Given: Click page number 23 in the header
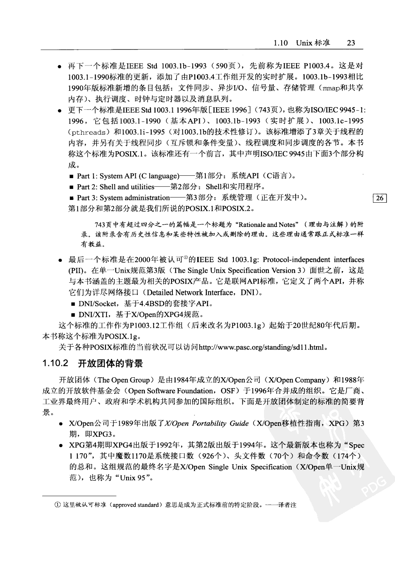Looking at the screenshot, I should pos(350,43).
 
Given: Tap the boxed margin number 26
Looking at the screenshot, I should pos(380,198).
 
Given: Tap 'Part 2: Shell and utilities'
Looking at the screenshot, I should pos(115,187).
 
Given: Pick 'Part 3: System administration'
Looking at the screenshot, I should pos(123,197).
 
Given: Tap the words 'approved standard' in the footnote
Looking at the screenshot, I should pos(136,505).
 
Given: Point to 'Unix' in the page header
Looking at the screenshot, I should pos(304,43).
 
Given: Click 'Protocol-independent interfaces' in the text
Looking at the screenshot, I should pos(307,260).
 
